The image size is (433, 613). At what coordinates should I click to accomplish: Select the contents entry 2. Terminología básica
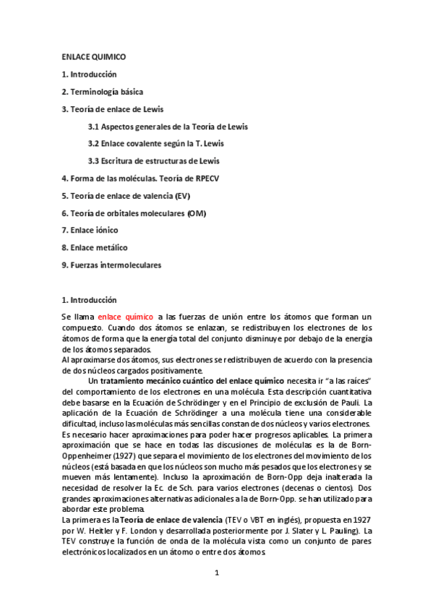point(102,92)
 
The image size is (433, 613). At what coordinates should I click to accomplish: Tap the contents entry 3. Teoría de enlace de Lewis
point(112,109)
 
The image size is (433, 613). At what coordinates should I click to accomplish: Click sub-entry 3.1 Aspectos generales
point(168,127)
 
